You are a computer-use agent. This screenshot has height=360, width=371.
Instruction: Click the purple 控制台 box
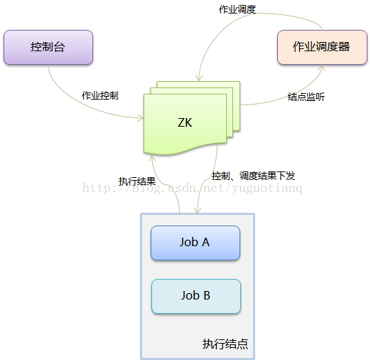point(48,47)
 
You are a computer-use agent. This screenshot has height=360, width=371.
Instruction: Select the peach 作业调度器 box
point(322,47)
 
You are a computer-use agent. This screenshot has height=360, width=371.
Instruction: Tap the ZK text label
point(185,122)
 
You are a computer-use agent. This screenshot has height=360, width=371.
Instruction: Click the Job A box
point(195,243)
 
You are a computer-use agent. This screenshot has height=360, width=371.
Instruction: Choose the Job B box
point(196,296)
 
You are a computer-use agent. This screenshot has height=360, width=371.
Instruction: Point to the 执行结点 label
point(225,344)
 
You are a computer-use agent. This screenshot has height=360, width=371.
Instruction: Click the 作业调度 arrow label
point(237,9)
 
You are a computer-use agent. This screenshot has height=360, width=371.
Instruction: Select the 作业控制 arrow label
point(100,95)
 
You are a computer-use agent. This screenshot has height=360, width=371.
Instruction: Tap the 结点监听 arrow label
point(306,97)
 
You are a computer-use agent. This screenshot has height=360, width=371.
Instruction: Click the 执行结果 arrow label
point(137,181)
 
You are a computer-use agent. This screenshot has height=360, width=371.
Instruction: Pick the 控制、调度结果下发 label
point(253,176)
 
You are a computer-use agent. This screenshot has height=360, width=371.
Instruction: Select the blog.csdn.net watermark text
point(193,189)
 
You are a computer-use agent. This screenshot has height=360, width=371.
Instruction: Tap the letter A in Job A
point(205,242)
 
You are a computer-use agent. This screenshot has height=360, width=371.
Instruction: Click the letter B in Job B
point(207,295)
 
